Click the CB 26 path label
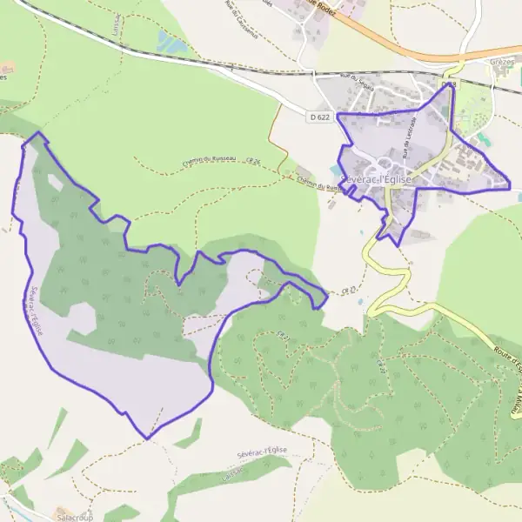tap(253, 161)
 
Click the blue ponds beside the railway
tap(169, 41)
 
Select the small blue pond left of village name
tap(337, 170)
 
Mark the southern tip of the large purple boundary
tap(148, 438)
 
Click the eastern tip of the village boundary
tap(510, 185)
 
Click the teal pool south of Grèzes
tap(482, 140)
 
